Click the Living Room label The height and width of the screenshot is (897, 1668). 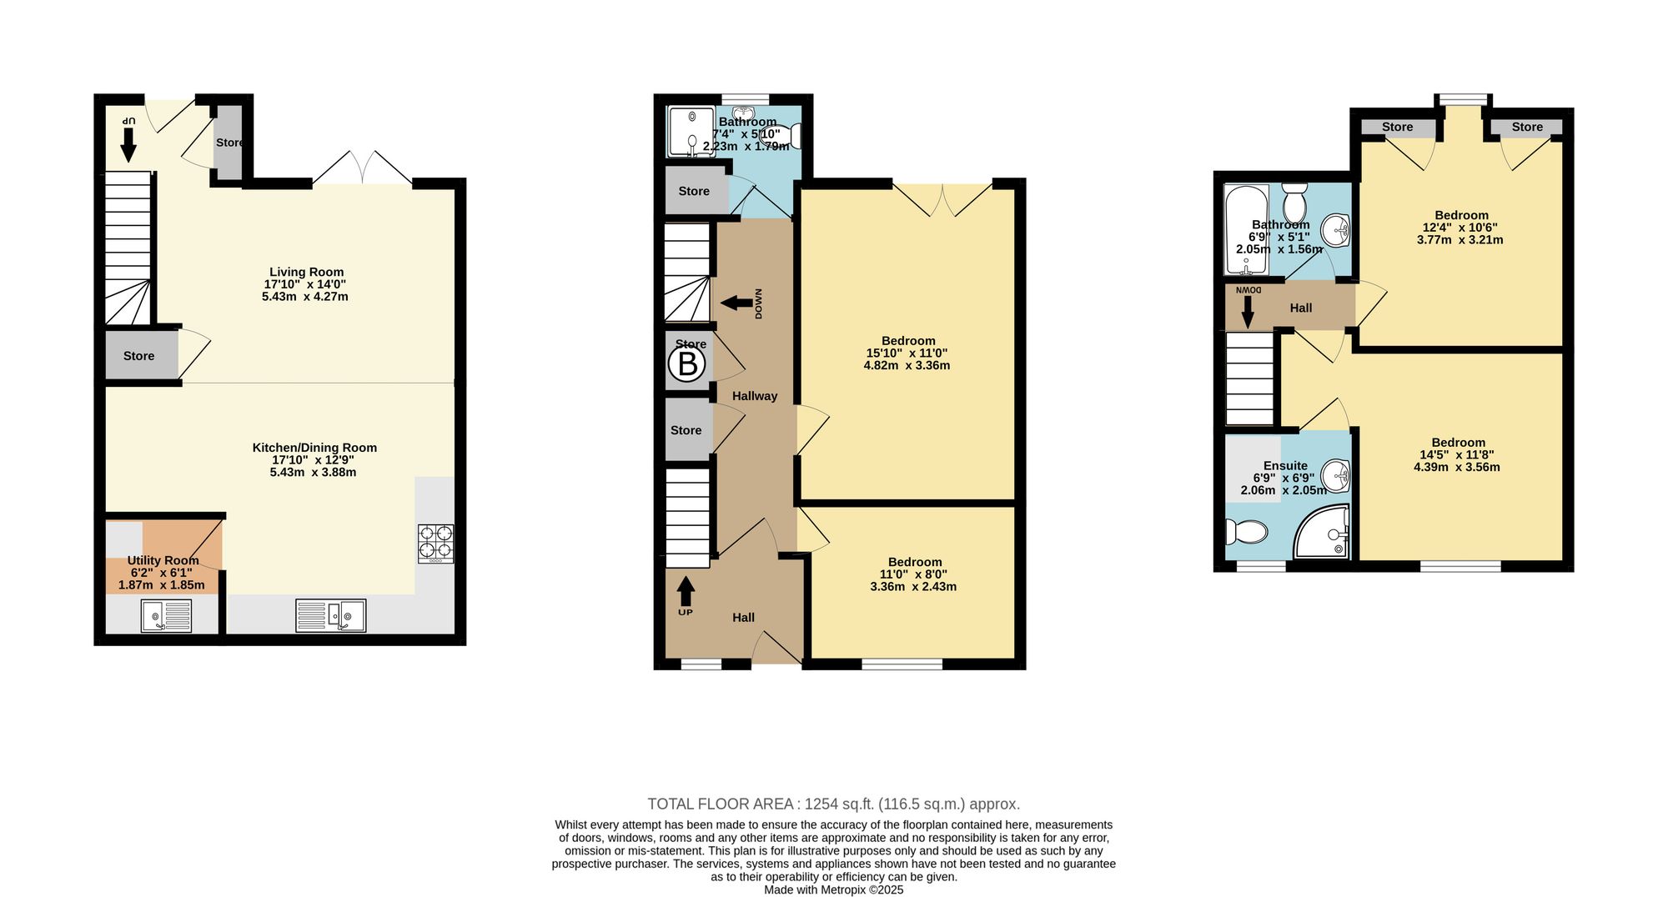tap(306, 272)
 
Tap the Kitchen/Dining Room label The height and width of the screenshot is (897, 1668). tap(314, 448)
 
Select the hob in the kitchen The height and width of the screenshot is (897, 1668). tap(436, 543)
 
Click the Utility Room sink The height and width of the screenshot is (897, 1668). tap(166, 617)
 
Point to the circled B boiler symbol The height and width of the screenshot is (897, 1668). tap(687, 364)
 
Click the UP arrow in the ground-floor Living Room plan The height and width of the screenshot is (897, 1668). tap(128, 144)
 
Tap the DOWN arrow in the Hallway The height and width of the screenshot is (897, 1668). tap(736, 303)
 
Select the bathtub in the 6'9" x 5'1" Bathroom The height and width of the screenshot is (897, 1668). tap(1246, 230)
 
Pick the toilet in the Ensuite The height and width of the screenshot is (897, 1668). tap(1246, 531)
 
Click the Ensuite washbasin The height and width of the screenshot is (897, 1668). tap(1335, 476)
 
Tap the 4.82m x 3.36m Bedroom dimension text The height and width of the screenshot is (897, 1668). tap(907, 365)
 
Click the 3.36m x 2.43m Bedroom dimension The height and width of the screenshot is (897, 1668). tap(913, 586)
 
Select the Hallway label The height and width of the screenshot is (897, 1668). tap(755, 396)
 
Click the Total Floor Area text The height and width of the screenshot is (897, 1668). tap(834, 804)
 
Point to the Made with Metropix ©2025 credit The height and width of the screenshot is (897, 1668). tap(834, 889)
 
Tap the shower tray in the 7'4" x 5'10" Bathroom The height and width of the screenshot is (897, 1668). tap(691, 132)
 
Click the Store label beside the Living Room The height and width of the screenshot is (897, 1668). tap(138, 356)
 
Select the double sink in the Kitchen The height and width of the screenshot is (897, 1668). tap(331, 616)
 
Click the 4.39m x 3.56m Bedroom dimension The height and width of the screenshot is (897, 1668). tap(1456, 467)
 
